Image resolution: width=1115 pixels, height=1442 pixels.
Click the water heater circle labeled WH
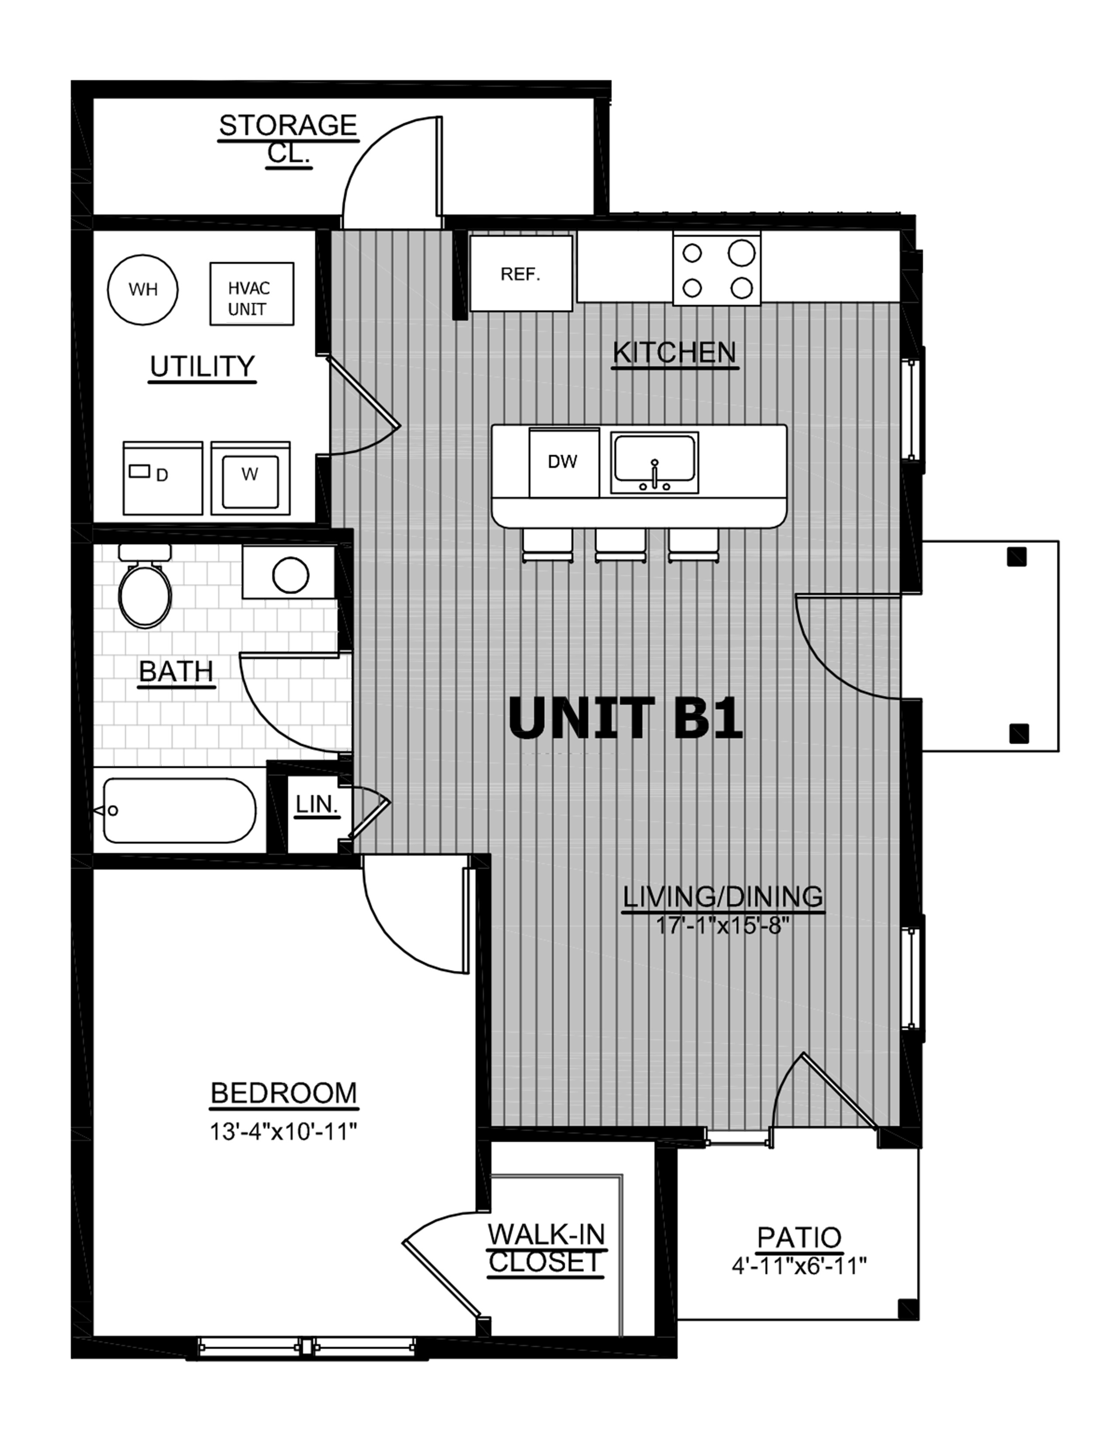tap(143, 289)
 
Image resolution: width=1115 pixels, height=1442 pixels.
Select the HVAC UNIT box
tap(252, 294)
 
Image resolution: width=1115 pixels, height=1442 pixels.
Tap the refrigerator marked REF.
tap(520, 274)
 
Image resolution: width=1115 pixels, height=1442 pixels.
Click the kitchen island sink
tap(654, 463)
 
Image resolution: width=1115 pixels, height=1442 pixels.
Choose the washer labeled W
tap(251, 477)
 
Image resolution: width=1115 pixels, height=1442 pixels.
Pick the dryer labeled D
tap(163, 477)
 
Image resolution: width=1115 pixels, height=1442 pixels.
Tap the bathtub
tap(179, 810)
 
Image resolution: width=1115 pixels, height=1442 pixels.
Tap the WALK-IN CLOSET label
tap(546, 1247)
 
